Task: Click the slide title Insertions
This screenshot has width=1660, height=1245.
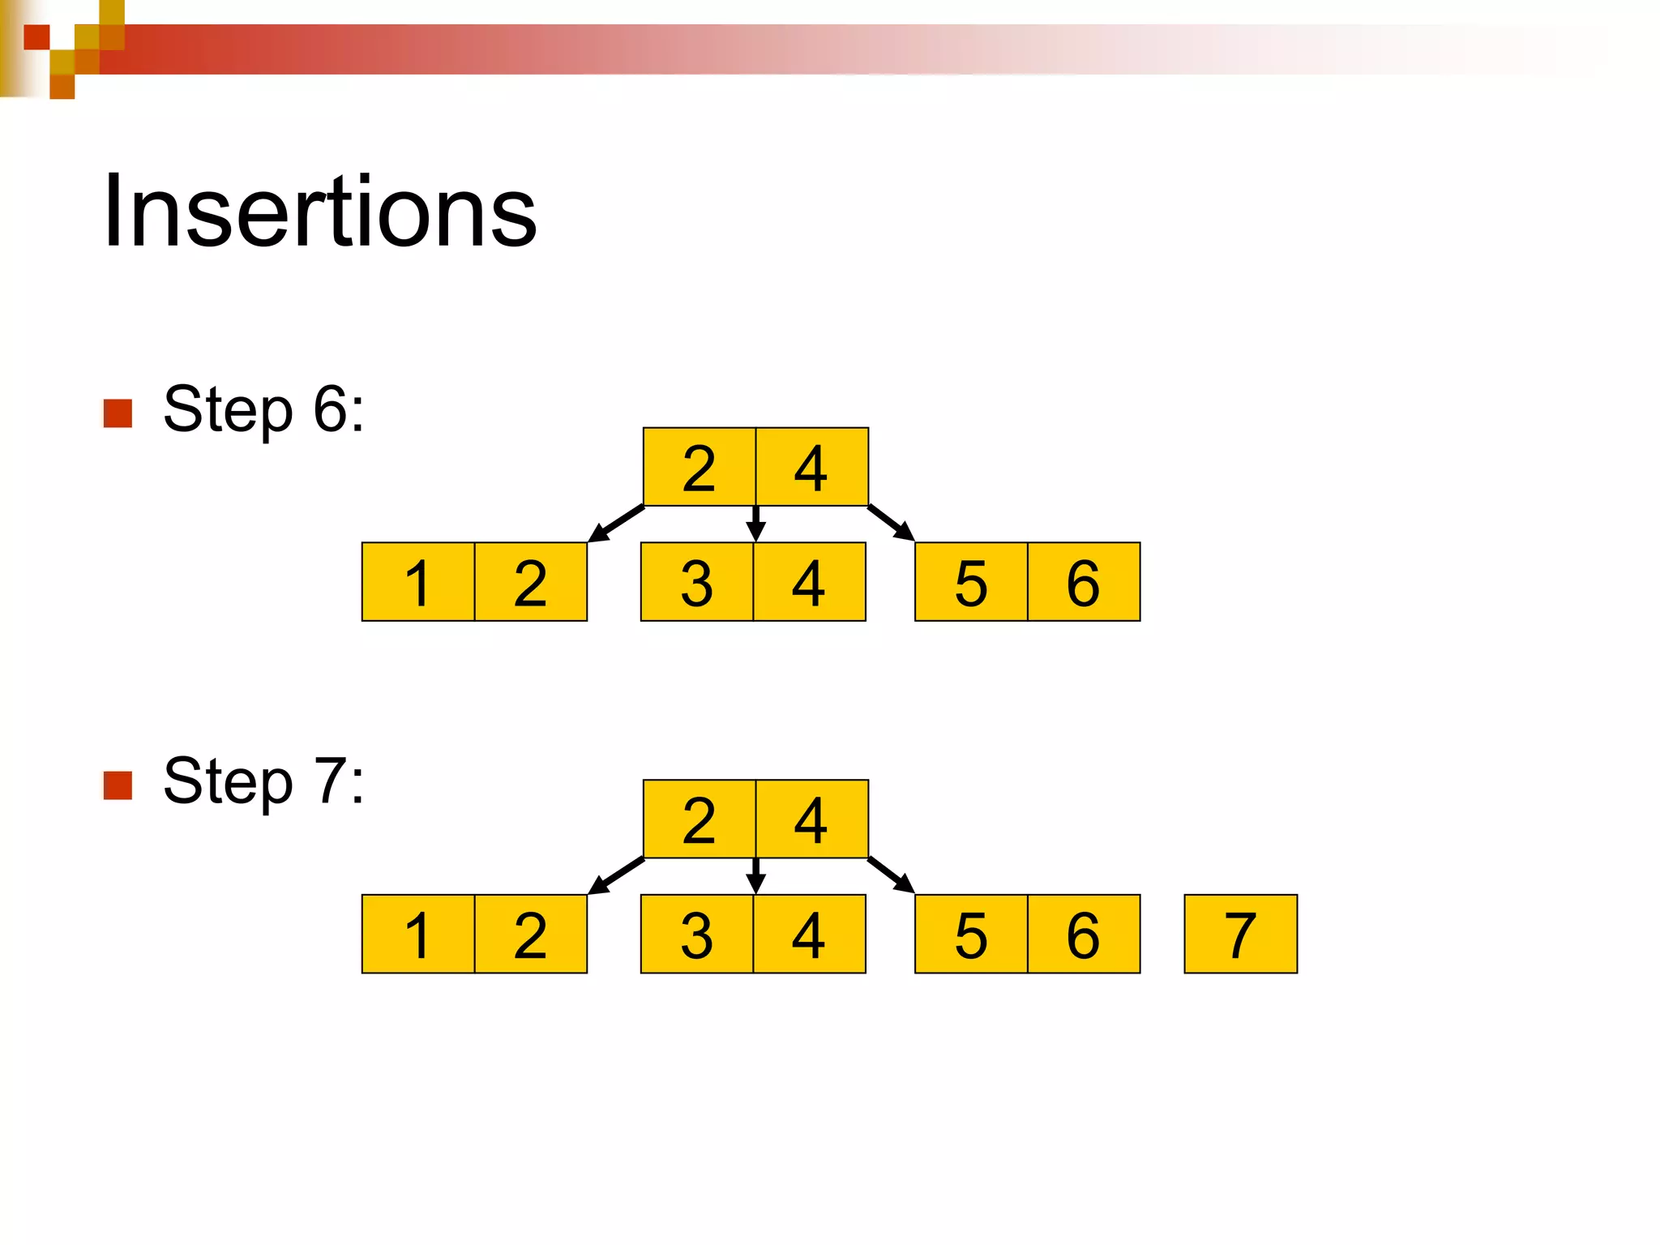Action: pyautogui.click(x=319, y=212)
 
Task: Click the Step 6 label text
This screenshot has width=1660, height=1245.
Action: pyautogui.click(x=263, y=410)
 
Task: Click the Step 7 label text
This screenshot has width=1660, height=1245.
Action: pyautogui.click(x=263, y=781)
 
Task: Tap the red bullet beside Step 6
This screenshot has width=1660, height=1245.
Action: pyautogui.click(x=118, y=413)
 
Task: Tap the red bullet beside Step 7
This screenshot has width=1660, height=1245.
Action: pyautogui.click(x=118, y=785)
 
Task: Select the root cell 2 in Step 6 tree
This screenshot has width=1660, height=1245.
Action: pyautogui.click(x=699, y=468)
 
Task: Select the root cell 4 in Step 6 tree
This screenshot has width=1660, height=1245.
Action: pyautogui.click(x=811, y=468)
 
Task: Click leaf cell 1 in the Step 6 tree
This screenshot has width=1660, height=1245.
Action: pyautogui.click(x=417, y=583)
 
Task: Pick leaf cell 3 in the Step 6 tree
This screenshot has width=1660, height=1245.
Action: pyautogui.click(x=696, y=583)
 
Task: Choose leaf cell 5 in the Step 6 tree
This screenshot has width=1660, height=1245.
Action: pyautogui.click(x=971, y=583)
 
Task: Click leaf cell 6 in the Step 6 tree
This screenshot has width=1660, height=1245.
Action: pyautogui.click(x=1084, y=583)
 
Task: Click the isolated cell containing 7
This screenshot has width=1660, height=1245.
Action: pyautogui.click(x=1240, y=935)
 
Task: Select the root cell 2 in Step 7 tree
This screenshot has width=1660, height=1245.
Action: pyautogui.click(x=699, y=819)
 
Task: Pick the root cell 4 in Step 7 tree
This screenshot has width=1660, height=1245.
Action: pyautogui.click(x=811, y=819)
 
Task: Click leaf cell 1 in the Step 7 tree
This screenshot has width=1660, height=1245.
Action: pyautogui.click(x=417, y=935)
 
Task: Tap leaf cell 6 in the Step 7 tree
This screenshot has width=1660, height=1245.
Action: pyautogui.click(x=1084, y=935)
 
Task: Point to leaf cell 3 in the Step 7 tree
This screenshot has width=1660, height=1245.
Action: pyautogui.click(x=696, y=935)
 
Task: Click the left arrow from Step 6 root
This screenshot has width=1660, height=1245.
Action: pyautogui.click(x=616, y=524)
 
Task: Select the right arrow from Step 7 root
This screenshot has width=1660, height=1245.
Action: pyautogui.click(x=891, y=875)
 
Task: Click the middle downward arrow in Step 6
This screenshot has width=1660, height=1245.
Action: pyautogui.click(x=755, y=524)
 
